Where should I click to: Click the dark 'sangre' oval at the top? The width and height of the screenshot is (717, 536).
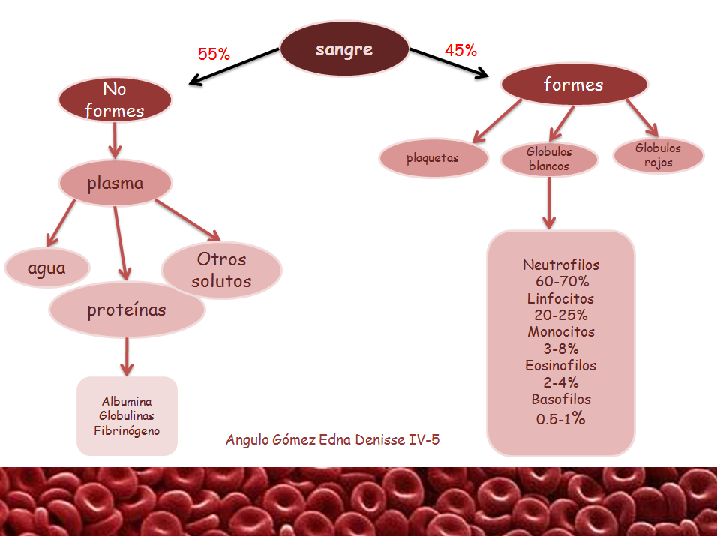[344, 51]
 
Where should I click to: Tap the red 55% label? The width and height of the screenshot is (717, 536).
[214, 54]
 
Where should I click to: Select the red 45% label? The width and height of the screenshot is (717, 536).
[460, 51]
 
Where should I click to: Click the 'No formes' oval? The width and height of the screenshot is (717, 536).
[115, 100]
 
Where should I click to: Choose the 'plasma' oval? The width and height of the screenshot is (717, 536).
[115, 184]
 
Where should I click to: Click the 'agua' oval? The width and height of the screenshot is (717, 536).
[46, 268]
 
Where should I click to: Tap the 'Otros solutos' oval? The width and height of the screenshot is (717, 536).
[221, 271]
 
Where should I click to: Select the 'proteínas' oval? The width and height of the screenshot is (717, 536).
[127, 310]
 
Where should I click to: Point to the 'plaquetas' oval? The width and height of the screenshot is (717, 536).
[432, 158]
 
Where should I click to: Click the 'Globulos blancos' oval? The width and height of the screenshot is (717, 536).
[549, 159]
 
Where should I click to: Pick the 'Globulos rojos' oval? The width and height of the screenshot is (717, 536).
[658, 155]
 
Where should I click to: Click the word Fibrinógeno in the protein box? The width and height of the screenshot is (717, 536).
[127, 430]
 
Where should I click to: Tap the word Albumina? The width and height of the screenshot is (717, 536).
[127, 402]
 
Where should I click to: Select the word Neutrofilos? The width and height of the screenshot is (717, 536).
[561, 265]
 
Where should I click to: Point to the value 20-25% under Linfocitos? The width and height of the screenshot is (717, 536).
[561, 315]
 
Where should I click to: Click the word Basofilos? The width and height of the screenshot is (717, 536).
[561, 399]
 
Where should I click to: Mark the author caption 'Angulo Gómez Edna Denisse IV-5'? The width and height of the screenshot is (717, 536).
[332, 439]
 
